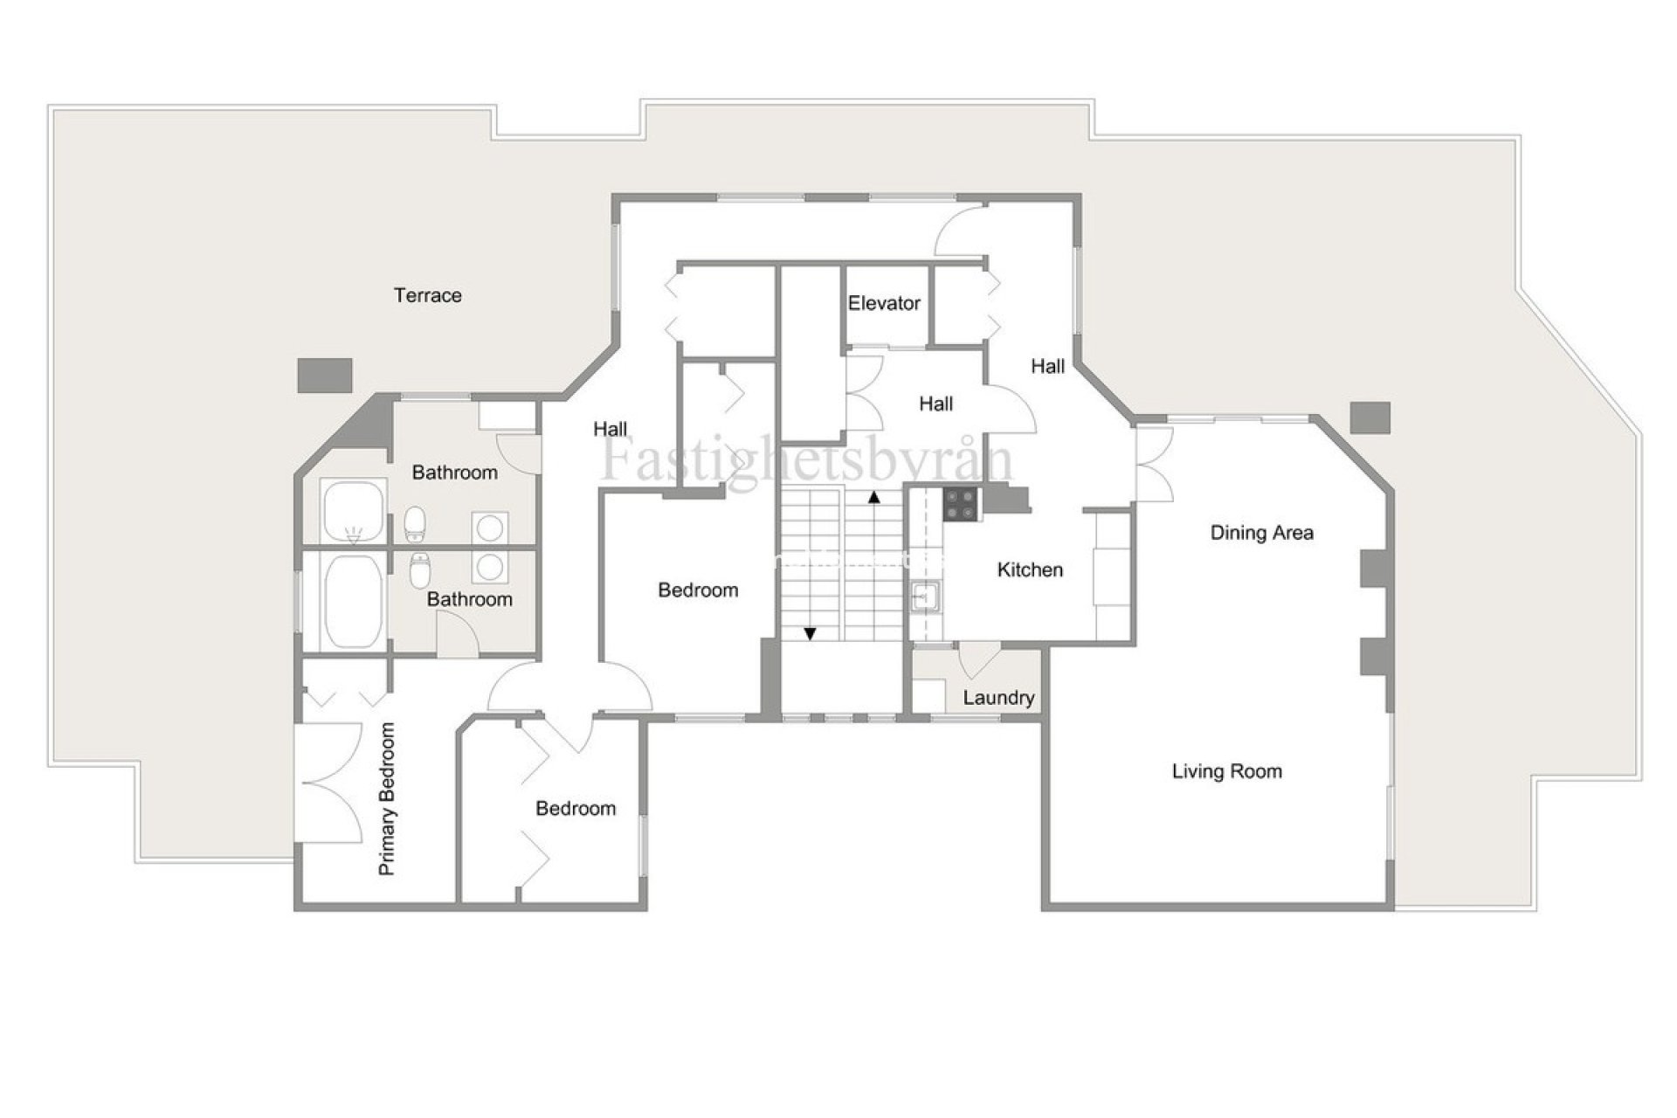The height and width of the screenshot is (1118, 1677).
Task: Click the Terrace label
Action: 427,295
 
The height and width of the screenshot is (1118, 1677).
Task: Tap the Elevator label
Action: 884,303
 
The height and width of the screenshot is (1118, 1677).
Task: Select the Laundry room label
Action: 998,698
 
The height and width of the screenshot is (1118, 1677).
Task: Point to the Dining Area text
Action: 1261,533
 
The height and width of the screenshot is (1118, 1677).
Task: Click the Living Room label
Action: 1226,771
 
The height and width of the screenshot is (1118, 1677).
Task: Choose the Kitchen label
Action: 1030,570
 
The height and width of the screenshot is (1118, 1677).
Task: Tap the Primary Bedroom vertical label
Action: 388,798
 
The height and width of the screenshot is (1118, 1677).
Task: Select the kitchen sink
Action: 924,598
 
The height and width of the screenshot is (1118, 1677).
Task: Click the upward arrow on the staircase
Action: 873,497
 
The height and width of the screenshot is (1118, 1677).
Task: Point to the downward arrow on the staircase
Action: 810,633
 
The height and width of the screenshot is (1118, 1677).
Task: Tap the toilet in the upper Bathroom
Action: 416,523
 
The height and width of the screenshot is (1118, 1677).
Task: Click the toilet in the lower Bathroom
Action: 420,571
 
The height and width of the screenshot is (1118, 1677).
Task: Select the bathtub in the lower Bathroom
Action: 354,601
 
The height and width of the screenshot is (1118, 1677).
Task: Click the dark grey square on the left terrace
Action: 325,375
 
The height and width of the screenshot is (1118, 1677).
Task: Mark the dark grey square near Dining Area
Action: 1370,418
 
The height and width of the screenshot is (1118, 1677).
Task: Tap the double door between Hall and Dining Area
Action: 1155,465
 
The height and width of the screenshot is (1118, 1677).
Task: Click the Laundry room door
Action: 978,659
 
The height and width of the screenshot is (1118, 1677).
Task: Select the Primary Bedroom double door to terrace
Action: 330,783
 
